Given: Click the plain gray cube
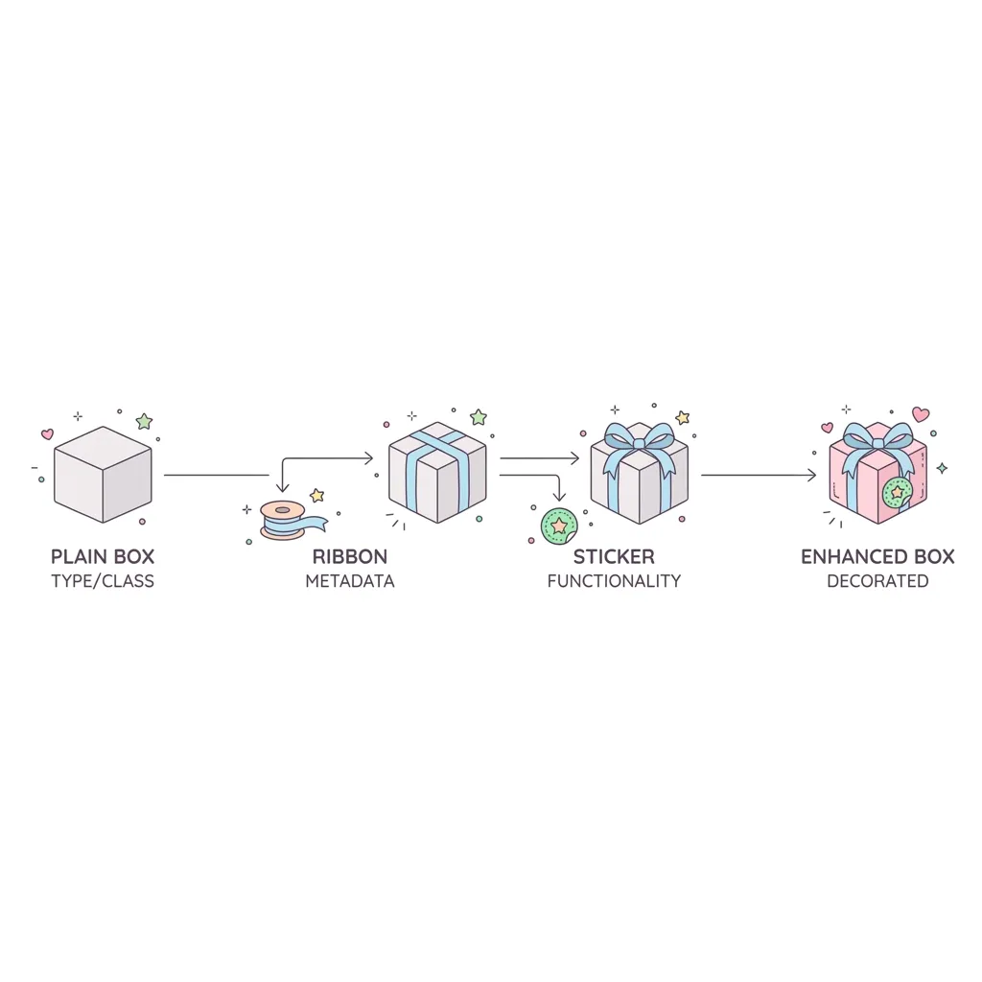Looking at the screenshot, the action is [103, 474].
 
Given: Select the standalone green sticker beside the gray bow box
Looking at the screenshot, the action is [559, 526].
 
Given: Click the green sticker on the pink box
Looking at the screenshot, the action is [898, 492].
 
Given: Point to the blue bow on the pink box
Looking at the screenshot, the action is [877, 446].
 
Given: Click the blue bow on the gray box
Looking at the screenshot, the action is [639, 446].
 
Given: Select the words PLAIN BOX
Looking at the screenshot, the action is [103, 556].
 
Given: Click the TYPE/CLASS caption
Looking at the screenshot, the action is [103, 581].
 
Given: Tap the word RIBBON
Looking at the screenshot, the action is [350, 556].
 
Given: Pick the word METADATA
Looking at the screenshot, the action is [350, 581].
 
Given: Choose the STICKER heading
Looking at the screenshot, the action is [614, 556].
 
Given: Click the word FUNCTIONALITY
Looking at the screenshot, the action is [614, 581].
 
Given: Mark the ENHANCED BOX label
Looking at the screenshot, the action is [877, 556].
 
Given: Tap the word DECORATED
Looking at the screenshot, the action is [877, 581].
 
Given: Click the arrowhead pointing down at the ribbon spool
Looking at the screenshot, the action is [283, 488].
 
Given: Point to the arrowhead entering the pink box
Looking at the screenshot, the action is [812, 476].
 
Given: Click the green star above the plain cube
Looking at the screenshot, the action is [144, 421].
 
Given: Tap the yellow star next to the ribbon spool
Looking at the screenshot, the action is [317, 496].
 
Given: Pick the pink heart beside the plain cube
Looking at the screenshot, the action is [47, 433].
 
